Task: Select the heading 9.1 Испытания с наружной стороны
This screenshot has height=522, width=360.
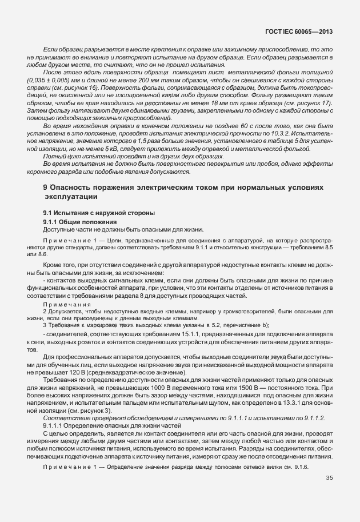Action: click(x=91, y=213)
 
